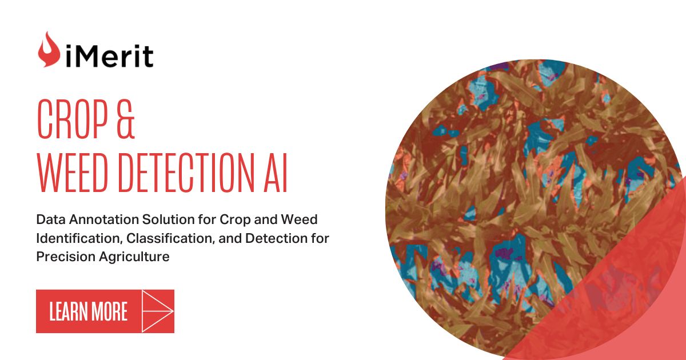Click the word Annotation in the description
click(98, 219)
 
